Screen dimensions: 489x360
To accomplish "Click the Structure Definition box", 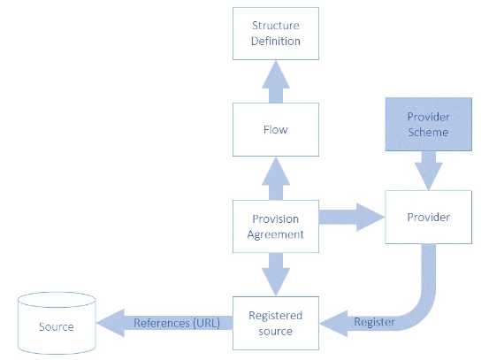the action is pyautogui.click(x=276, y=34).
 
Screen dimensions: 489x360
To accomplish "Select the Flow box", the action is pyautogui.click(x=276, y=129).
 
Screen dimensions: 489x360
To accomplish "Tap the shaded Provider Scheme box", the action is pyautogui.click(x=429, y=124).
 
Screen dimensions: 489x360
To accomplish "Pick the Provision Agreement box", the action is pyautogui.click(x=276, y=226).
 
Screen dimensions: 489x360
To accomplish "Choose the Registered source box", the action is pyautogui.click(x=276, y=323).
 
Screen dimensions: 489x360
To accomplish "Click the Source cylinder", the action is pyautogui.click(x=57, y=323).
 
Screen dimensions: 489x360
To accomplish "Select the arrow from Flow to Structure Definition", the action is pyautogui.click(x=276, y=81).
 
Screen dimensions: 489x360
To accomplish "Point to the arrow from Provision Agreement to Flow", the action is pyautogui.click(x=276, y=179).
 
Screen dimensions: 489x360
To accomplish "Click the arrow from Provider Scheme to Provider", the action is pyautogui.click(x=429, y=171).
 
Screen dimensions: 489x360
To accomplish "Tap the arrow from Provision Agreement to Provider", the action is pyautogui.click(x=352, y=217).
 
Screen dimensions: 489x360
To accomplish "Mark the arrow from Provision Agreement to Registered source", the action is pyautogui.click(x=276, y=274).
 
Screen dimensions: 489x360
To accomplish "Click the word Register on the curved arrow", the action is pyautogui.click(x=374, y=322).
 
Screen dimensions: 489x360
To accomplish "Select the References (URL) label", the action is pyautogui.click(x=177, y=323).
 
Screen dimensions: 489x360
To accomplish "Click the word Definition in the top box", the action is pyautogui.click(x=276, y=42).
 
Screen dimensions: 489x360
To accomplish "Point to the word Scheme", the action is pyautogui.click(x=429, y=133).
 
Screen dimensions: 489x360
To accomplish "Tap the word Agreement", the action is pyautogui.click(x=275, y=234).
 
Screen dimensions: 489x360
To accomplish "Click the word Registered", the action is pyautogui.click(x=275, y=316).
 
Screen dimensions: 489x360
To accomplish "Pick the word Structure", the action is pyautogui.click(x=276, y=26).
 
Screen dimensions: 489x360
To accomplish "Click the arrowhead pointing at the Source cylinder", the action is pyautogui.click(x=111, y=323).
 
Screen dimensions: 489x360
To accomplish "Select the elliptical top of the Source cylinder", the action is pyautogui.click(x=57, y=300).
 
